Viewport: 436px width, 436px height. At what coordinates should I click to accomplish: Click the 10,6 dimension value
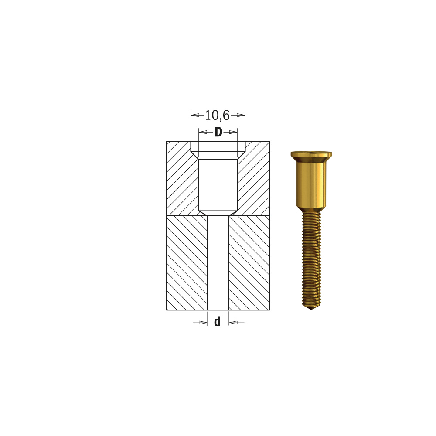click(x=217, y=115)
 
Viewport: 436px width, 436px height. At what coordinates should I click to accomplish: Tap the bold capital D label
click(x=218, y=132)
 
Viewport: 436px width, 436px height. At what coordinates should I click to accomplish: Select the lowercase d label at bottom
click(x=218, y=321)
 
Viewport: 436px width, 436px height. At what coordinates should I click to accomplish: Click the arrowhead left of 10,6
click(x=195, y=115)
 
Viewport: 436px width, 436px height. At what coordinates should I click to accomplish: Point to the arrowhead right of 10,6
click(x=241, y=115)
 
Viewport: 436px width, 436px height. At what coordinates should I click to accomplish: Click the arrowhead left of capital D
click(x=203, y=132)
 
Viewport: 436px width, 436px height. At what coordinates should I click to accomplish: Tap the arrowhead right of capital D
click(x=233, y=132)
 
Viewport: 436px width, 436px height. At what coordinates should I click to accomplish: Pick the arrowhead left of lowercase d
click(x=203, y=323)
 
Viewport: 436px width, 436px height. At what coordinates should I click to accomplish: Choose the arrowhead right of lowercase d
click(x=233, y=323)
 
